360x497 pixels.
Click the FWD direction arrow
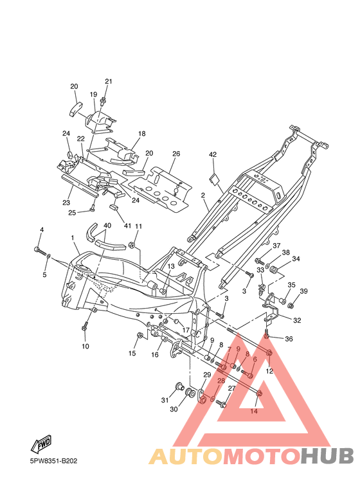pos(41,443)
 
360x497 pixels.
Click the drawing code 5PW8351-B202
pos(53,461)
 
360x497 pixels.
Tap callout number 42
pos(213,155)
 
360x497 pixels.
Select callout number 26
pos(176,154)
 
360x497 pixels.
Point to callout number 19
pos(93,95)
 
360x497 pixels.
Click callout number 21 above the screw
pos(109,82)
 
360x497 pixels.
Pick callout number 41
pos(127,226)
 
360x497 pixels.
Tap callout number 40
pos(107,226)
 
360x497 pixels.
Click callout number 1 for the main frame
pos(73,237)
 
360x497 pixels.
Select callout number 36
pos(289,339)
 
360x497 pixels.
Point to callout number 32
pos(297,320)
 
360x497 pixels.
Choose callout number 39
pos(303,291)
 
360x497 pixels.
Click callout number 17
pos(186,330)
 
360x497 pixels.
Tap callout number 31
pos(165,401)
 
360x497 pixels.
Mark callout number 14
pos(254,411)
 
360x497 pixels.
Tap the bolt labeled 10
pos(85,327)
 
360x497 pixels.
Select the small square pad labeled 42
pos(213,179)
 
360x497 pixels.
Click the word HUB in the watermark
pos(327,455)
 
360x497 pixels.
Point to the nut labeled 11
pos(132,245)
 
